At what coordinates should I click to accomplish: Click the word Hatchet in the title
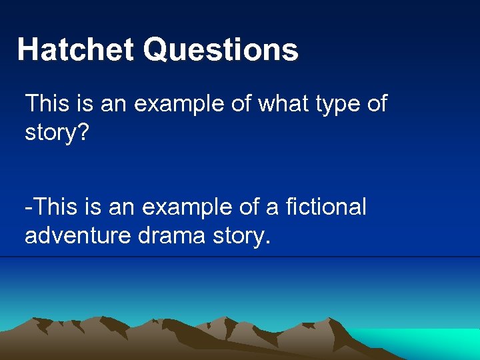(75, 50)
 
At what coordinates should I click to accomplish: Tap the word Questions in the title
(221, 50)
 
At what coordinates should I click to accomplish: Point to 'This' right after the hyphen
(53, 207)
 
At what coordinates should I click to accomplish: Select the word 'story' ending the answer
(239, 236)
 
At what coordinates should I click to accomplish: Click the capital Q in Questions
(157, 50)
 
